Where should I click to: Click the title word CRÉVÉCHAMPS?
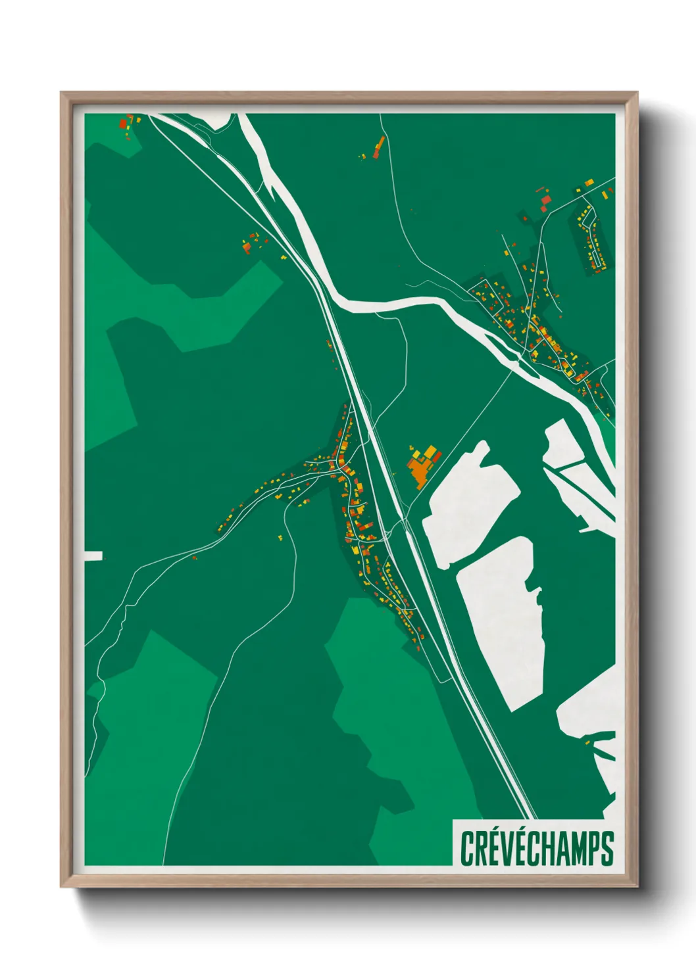coord(537,848)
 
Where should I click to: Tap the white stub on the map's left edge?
coord(93,556)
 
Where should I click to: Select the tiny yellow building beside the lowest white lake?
coord(587,743)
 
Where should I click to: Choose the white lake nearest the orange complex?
coord(468,500)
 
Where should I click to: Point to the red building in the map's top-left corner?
coord(123,122)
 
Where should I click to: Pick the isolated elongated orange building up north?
coord(378,147)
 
